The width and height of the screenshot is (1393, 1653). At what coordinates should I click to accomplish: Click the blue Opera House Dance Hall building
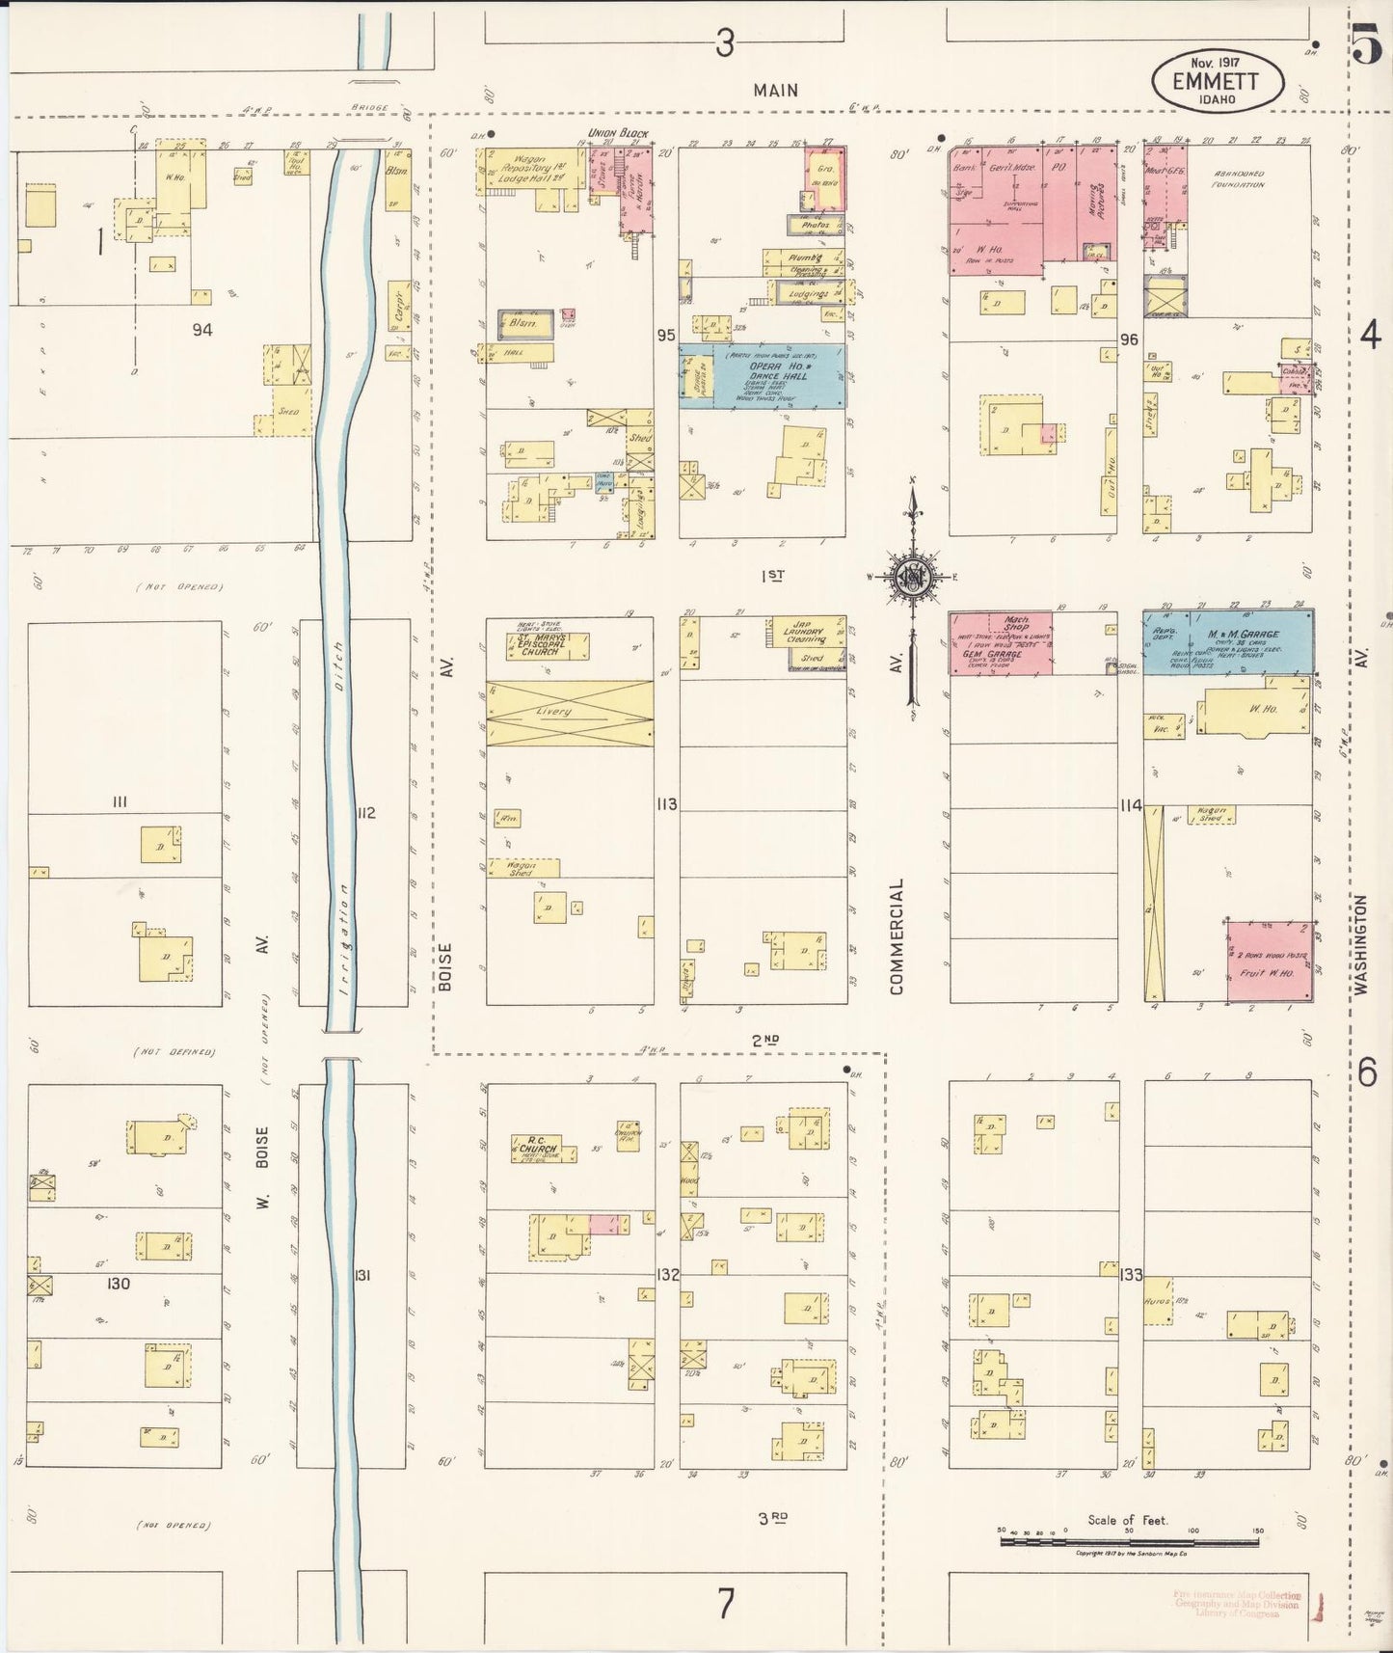[762, 376]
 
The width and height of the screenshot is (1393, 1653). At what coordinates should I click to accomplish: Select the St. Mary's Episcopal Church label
[539, 644]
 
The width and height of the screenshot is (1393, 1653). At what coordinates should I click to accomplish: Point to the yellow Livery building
[569, 713]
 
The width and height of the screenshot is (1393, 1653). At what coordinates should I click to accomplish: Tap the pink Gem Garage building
[1000, 643]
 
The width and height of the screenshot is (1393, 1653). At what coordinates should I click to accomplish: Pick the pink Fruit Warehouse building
[1269, 962]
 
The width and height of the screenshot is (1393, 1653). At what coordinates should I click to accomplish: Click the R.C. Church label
[535, 1147]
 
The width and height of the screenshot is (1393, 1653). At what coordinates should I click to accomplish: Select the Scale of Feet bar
[1128, 1541]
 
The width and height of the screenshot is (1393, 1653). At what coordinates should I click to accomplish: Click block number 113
[666, 803]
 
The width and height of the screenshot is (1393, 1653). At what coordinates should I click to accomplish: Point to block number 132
[667, 1274]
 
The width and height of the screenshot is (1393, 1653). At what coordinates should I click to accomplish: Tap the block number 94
[201, 330]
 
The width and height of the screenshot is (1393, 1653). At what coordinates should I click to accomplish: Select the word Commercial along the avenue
[897, 935]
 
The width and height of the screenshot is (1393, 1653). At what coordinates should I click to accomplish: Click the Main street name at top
[775, 91]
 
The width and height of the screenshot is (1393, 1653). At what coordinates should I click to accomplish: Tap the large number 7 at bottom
[725, 1604]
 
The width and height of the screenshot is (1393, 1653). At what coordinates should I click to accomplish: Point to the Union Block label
[619, 133]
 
